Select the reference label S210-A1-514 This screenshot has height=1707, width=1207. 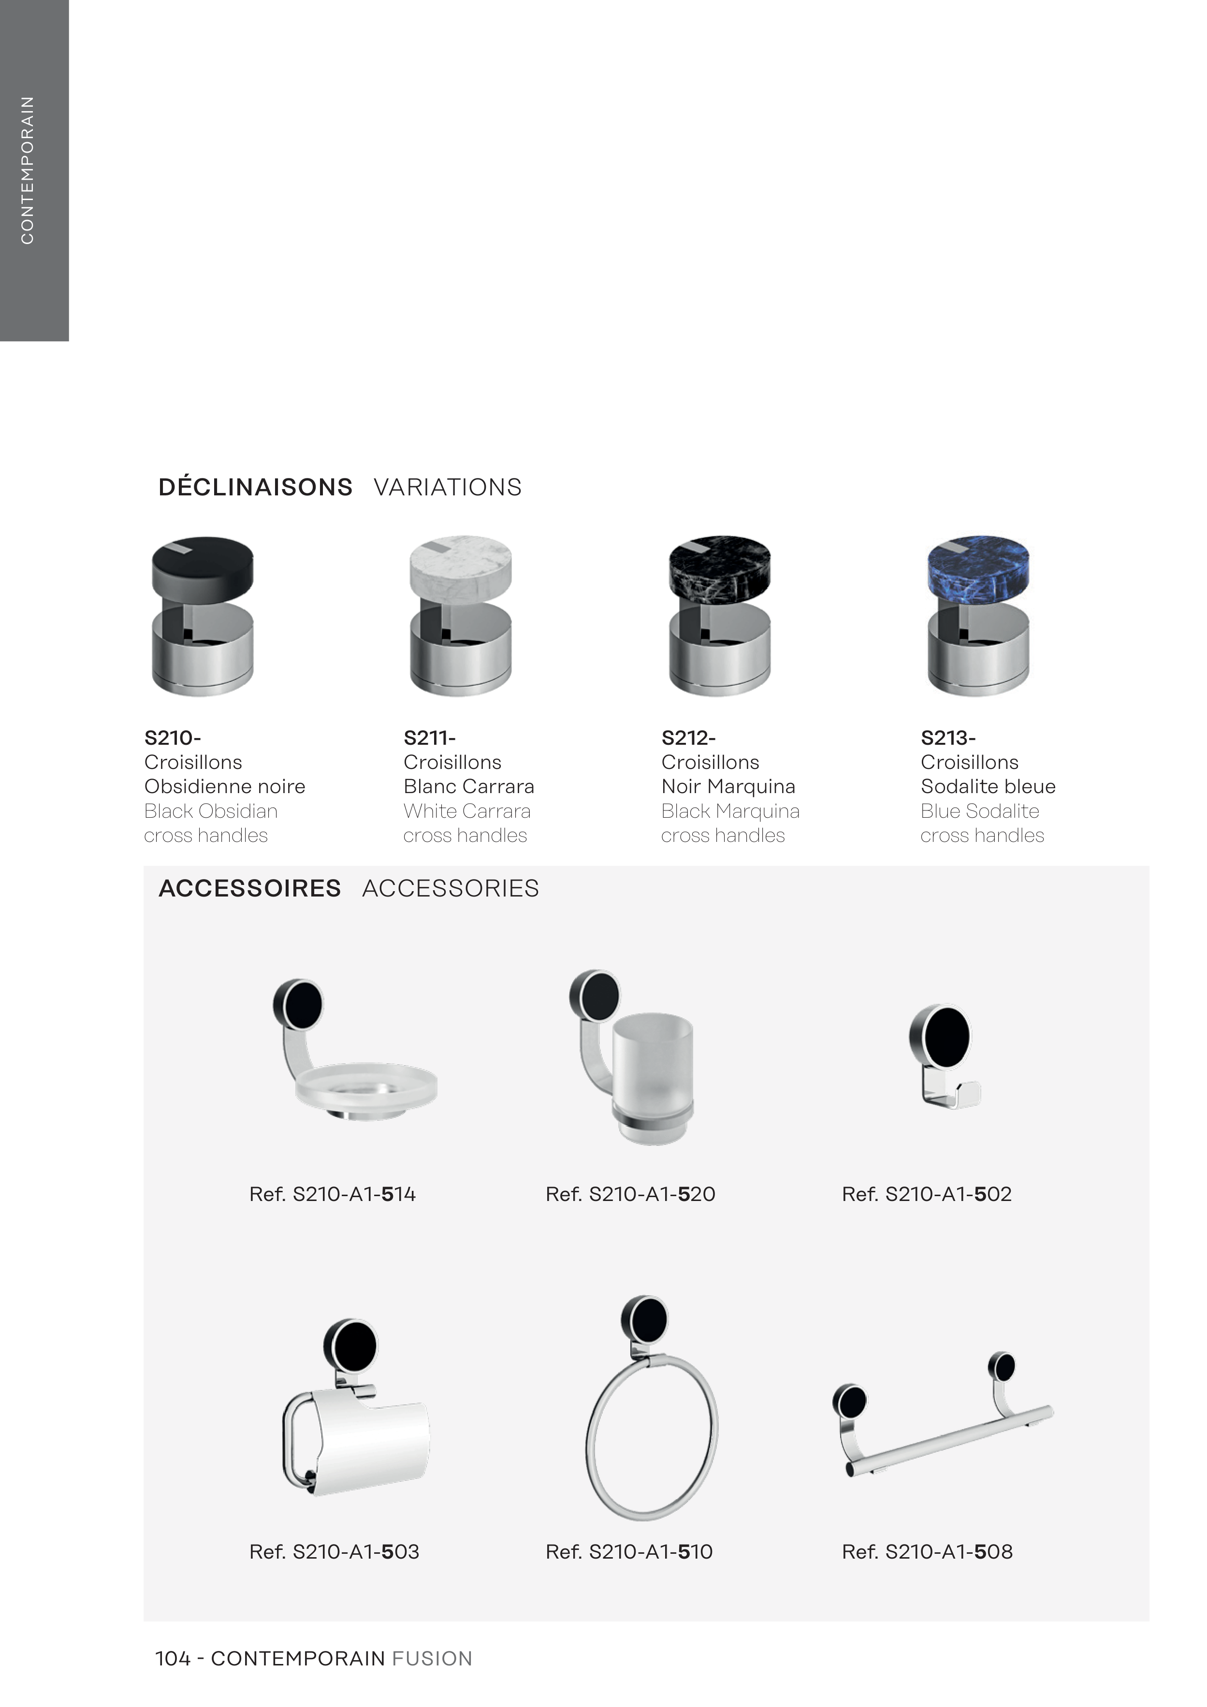tap(333, 1194)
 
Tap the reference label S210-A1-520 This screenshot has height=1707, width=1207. tap(630, 1194)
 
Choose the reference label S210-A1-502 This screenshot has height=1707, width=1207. tap(927, 1194)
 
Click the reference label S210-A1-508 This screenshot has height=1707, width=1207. tap(927, 1551)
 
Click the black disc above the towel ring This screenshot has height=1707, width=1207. tap(644, 1321)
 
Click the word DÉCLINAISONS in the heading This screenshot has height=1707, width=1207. tap(255, 487)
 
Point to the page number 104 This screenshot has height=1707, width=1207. tap(173, 1659)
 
